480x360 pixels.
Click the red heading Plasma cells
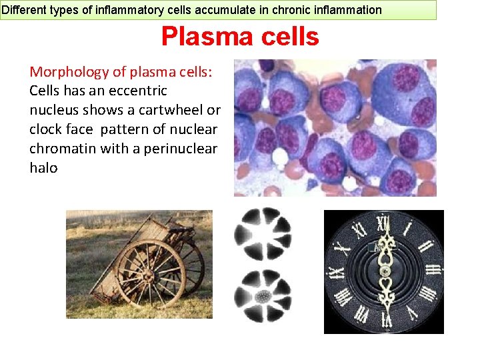[x=240, y=37]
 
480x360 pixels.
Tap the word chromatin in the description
[x=63, y=149]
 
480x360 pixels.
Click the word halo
[x=43, y=168]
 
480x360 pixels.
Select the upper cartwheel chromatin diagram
[x=262, y=233]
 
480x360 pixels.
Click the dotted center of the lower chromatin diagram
[x=262, y=295]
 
